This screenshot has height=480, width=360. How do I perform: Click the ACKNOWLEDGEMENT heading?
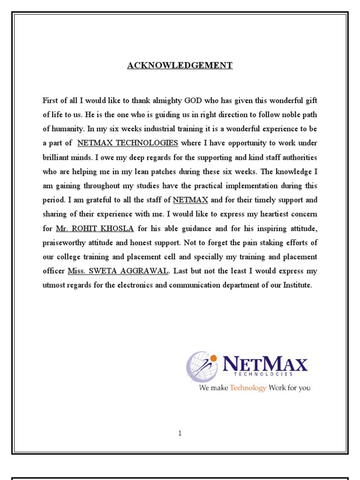(x=180, y=66)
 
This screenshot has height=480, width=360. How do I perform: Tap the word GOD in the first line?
(x=195, y=100)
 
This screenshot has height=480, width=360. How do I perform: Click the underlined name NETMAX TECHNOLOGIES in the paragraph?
(x=127, y=143)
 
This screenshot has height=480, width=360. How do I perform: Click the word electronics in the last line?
(x=147, y=285)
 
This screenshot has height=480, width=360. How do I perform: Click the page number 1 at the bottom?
(x=180, y=434)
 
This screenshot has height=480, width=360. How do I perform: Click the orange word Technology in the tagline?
(x=248, y=388)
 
